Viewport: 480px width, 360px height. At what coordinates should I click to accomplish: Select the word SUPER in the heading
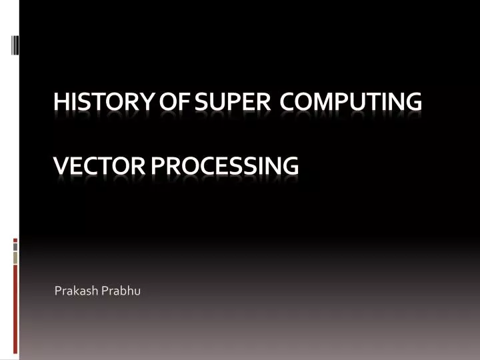pyautogui.click(x=227, y=102)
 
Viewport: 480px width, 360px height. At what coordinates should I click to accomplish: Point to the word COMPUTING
pyautogui.click(x=351, y=102)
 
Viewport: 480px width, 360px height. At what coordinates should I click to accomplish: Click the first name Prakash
pyautogui.click(x=75, y=291)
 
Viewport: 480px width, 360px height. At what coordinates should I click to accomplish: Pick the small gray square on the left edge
pyautogui.click(x=15, y=246)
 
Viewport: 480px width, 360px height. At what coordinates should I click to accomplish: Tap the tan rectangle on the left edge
pyautogui.click(x=15, y=257)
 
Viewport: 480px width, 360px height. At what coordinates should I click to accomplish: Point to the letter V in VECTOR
pyautogui.click(x=60, y=164)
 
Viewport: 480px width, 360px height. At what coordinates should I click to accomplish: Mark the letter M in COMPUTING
pyautogui.click(x=321, y=102)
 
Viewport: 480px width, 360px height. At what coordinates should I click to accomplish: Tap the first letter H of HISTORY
pyautogui.click(x=61, y=102)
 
